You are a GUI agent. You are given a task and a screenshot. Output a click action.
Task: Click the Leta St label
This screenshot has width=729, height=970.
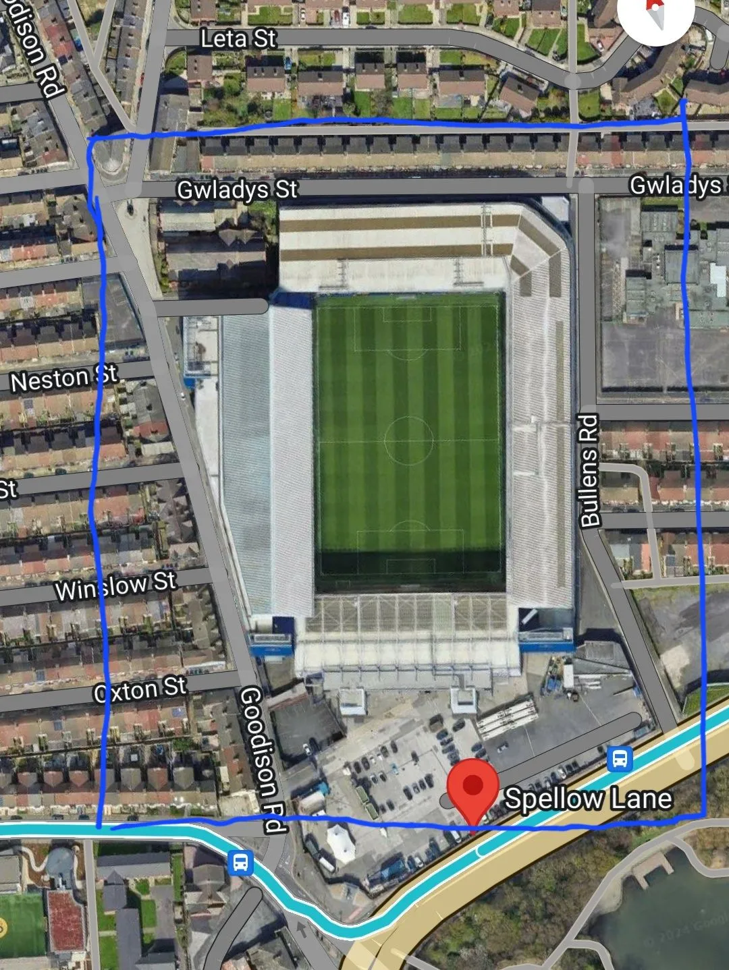click(238, 38)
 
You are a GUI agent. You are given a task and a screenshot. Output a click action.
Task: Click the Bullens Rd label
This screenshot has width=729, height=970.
click(589, 470)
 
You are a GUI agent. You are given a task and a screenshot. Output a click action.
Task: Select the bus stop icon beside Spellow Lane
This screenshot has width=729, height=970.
click(620, 760)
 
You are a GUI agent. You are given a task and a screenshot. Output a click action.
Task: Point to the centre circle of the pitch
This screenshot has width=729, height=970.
click(409, 440)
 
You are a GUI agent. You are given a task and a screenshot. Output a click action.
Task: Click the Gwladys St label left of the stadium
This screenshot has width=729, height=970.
click(236, 190)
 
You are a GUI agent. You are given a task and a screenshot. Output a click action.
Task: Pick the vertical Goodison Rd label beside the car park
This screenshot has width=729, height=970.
click(262, 759)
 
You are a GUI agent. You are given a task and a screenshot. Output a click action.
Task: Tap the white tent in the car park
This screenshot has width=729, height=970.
click(340, 843)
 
